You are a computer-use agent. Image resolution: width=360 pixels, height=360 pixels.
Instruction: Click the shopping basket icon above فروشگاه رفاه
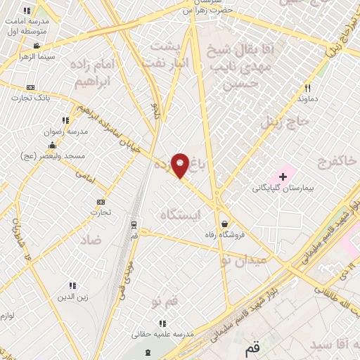224,224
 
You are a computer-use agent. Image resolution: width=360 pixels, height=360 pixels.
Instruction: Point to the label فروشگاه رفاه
224,235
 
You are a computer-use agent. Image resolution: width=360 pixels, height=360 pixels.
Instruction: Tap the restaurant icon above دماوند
307,89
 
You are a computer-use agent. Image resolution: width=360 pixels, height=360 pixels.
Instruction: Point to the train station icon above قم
134,225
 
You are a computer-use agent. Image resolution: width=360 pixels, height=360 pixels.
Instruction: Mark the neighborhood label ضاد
91,240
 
